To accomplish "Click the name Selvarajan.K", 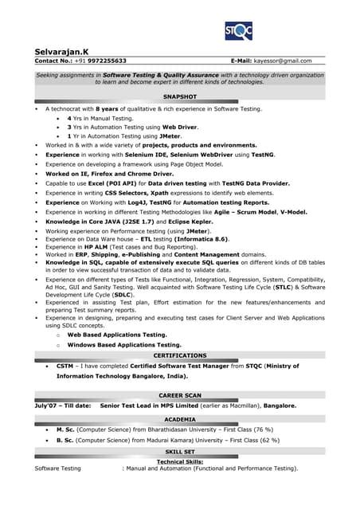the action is click(62, 50).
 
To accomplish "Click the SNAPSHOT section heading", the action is click(179, 96).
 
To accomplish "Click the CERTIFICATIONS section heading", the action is click(179, 355).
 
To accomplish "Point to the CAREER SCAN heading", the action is click(179, 395).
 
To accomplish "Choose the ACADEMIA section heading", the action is click(179, 418).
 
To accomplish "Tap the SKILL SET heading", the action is click(179, 451).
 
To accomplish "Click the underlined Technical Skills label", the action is click(179, 461).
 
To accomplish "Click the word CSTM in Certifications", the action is click(65, 366).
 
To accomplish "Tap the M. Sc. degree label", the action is click(65, 430).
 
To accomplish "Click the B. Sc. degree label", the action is click(65, 440).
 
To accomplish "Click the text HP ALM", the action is click(92, 247).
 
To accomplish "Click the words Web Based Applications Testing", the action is click(117, 335).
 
